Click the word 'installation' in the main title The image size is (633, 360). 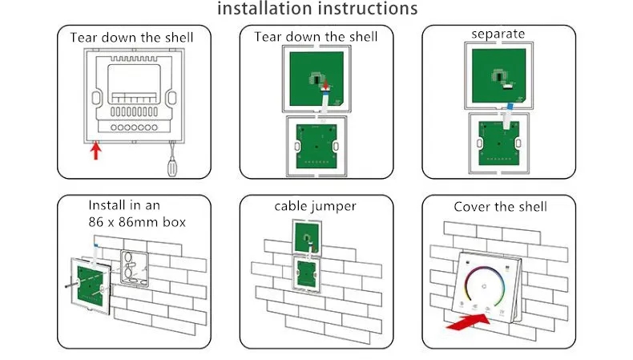tap(262, 9)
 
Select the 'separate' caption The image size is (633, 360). tap(498, 34)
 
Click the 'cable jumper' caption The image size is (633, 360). tap(315, 207)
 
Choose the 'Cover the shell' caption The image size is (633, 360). tap(500, 207)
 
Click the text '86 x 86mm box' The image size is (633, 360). tap(137, 221)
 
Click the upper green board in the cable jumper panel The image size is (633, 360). tap(307, 237)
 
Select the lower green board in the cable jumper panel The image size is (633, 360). tap(307, 277)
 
